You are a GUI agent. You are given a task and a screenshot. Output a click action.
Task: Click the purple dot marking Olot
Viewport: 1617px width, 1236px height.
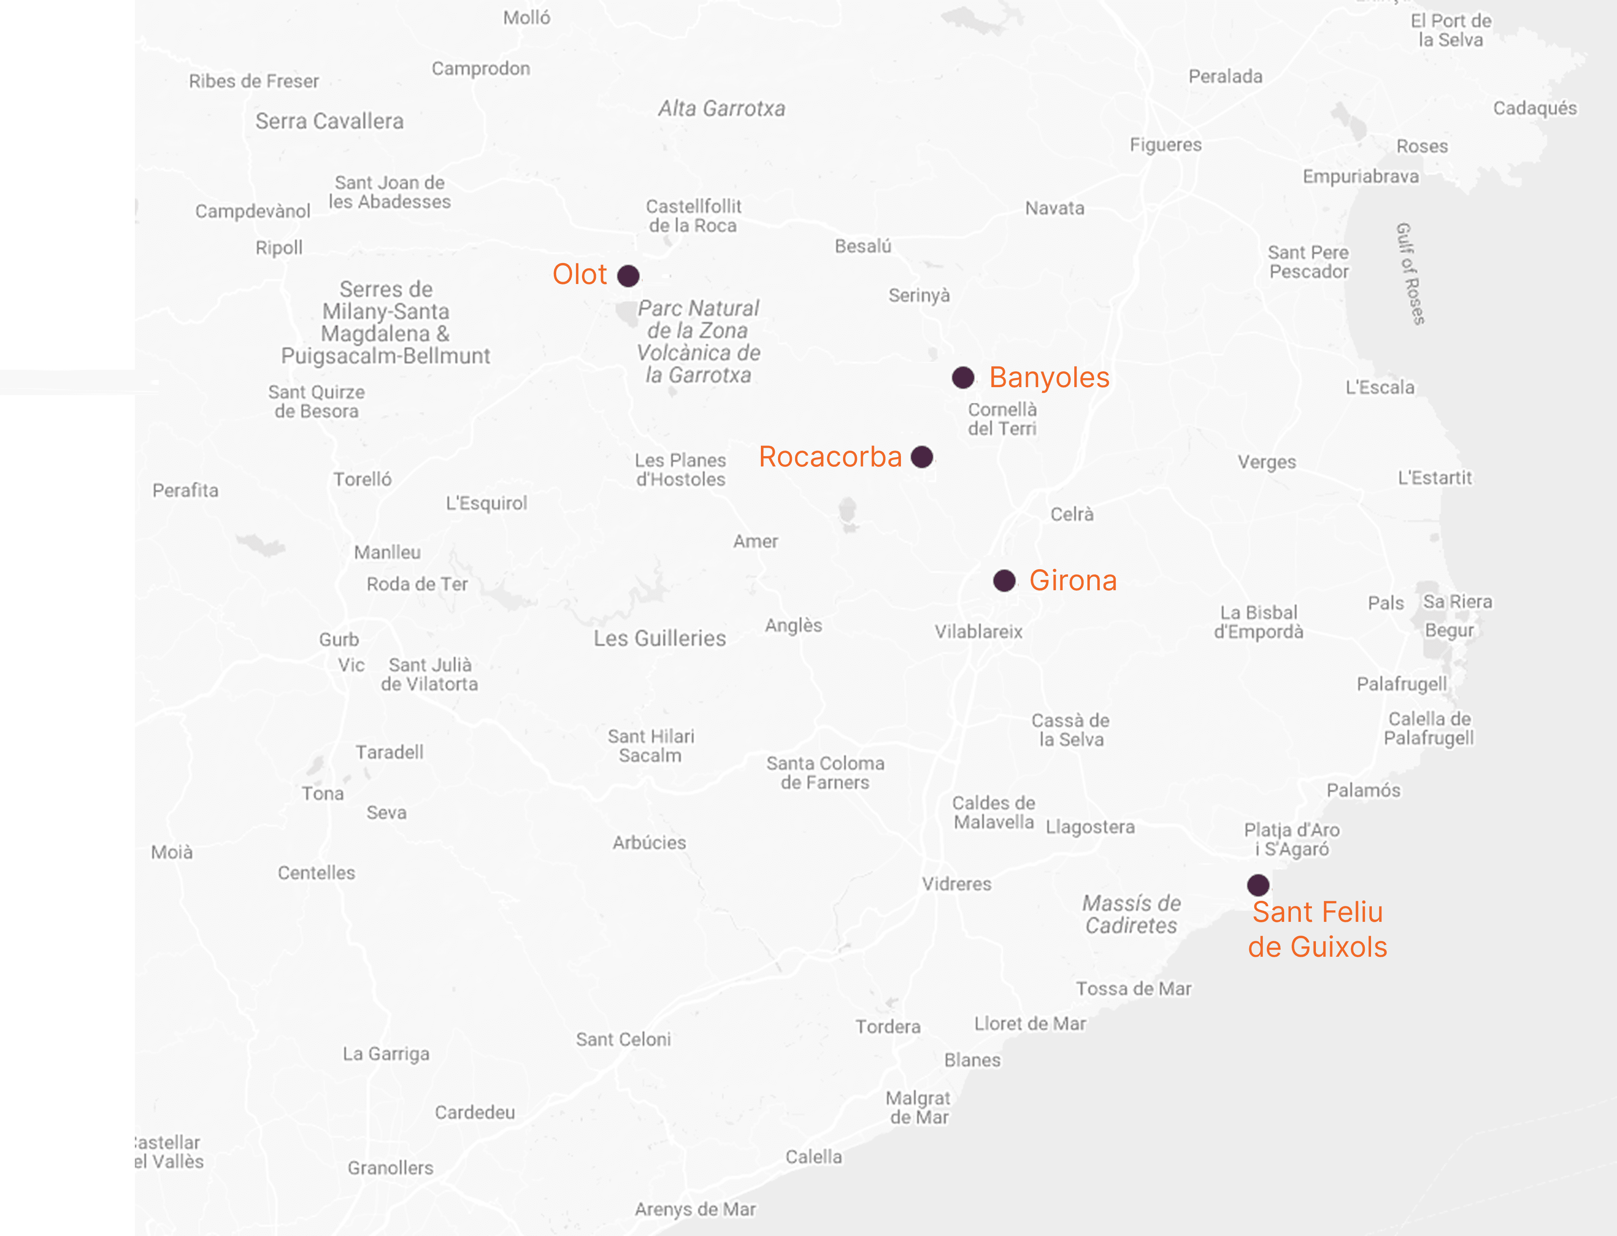pos(628,276)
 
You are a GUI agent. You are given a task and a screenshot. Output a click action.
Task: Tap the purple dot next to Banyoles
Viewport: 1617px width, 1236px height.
pos(963,377)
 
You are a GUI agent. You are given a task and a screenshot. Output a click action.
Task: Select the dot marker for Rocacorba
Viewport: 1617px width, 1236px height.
pos(922,457)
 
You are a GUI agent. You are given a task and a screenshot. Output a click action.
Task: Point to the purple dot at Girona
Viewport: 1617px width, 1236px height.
pos(1004,580)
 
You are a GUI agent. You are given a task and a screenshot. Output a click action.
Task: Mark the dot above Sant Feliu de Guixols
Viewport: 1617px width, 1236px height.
pos(1258,884)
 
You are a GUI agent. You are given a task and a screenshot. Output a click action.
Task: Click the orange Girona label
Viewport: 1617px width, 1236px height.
pos(1073,580)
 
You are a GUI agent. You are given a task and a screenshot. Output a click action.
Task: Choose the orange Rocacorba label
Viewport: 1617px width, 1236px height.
pos(830,457)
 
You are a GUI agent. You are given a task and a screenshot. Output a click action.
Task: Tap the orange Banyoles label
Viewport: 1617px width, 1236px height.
pos(1049,377)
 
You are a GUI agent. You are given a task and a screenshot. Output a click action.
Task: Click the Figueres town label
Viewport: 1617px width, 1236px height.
pos(1165,145)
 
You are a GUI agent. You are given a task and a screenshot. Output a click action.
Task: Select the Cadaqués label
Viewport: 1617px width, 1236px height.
pos(1534,108)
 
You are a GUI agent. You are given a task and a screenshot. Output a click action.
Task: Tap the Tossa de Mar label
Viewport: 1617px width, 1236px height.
pos(1134,989)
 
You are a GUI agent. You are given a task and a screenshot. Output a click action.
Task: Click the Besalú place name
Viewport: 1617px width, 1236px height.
pos(863,246)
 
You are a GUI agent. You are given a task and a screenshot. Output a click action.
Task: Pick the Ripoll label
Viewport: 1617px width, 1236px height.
pos(279,248)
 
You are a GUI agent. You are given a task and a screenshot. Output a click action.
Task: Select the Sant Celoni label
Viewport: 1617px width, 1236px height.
pos(623,1040)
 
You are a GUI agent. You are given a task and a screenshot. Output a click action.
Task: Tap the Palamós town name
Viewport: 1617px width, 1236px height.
pos(1363,790)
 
